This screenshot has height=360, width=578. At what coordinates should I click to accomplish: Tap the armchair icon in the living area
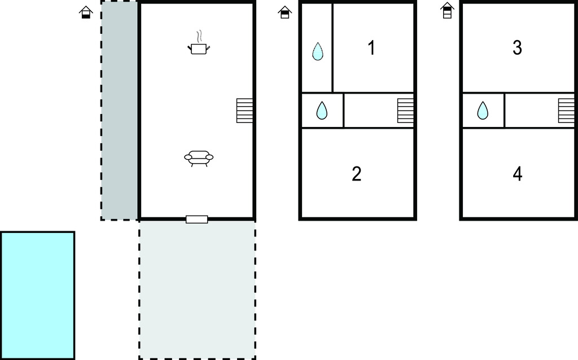[199, 158]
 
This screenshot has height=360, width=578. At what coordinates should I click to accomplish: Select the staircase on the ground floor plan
[244, 111]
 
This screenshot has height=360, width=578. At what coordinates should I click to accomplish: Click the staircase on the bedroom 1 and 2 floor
[405, 111]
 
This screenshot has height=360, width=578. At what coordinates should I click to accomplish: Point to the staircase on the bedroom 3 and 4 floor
[567, 111]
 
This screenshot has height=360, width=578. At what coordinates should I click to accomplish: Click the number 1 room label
[371, 48]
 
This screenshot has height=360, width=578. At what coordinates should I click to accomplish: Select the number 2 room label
[357, 174]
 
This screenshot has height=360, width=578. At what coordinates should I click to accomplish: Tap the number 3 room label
[518, 48]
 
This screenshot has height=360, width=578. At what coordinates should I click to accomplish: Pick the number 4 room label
[518, 174]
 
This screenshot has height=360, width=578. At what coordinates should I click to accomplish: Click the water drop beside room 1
[317, 51]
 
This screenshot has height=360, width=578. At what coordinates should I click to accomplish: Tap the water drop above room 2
[322, 111]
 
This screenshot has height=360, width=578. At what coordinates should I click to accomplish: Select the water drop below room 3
[483, 111]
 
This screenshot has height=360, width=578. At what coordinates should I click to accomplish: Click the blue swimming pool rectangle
[37, 295]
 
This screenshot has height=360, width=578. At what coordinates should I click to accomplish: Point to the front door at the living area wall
[197, 219]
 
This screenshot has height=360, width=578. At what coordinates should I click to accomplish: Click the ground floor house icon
[86, 12]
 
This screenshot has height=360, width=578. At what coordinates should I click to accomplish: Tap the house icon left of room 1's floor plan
[285, 12]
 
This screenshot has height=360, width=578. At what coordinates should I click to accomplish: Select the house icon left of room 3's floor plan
[447, 11]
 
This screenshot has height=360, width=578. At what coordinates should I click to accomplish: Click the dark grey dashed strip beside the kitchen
[120, 111]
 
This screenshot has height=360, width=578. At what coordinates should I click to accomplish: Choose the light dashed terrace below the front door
[197, 289]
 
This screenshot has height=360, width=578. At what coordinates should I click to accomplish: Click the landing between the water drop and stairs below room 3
[531, 111]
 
